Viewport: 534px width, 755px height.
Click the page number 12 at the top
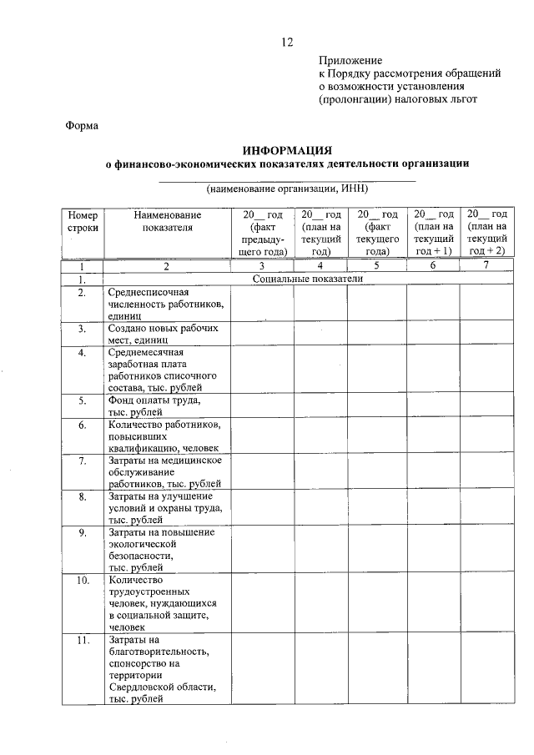[287, 43]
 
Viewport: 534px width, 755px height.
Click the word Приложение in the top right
[350, 60]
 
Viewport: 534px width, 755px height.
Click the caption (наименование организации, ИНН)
[287, 188]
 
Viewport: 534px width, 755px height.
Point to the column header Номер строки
[83, 220]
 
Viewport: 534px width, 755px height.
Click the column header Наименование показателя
[167, 220]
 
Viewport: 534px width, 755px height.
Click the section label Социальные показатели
[308, 279]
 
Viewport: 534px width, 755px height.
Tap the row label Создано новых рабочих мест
[164, 334]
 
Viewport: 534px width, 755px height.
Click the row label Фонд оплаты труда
[154, 405]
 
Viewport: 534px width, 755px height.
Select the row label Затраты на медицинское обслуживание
[164, 471]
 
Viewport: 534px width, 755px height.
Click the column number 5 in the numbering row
[377, 266]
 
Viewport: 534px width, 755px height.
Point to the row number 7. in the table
[83, 461]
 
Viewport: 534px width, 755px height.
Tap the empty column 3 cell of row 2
[262, 304]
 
